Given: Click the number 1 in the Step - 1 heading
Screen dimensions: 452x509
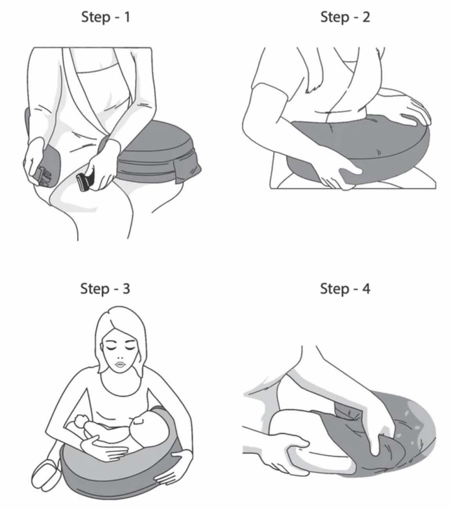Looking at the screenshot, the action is pyautogui.click(x=127, y=17).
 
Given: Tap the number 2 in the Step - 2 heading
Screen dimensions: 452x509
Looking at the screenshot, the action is pyautogui.click(x=366, y=17).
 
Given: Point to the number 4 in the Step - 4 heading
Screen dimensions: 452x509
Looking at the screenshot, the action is pyautogui.click(x=366, y=289).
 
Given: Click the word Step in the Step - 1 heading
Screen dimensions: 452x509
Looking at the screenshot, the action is pyautogui.click(x=95, y=18).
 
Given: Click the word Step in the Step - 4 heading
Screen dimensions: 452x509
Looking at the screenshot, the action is pyautogui.click(x=335, y=289).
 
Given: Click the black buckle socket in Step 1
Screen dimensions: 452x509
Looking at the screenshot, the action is pyautogui.click(x=85, y=182).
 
